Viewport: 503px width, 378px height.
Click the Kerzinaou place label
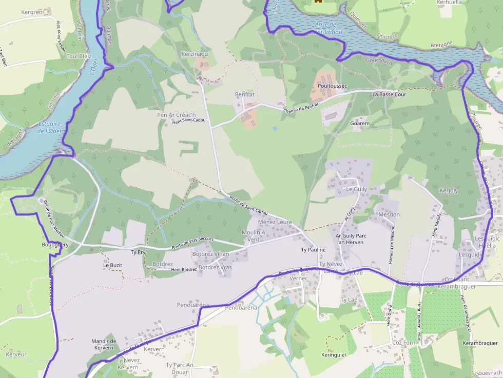(195, 54)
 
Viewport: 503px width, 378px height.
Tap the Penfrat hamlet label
(244, 94)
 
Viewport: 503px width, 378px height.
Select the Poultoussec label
(333, 86)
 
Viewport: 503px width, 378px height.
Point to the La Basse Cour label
(389, 94)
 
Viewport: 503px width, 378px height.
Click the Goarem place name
(359, 124)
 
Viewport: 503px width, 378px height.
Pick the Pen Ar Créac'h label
(177, 114)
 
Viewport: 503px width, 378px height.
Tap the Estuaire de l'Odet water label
(49, 127)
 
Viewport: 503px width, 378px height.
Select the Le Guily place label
(357, 189)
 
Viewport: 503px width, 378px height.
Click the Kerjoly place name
(449, 191)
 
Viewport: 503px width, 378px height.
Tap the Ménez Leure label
(275, 222)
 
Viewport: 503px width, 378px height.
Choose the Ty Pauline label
(313, 250)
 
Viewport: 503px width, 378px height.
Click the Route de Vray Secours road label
(192, 243)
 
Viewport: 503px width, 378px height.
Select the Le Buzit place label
(112, 265)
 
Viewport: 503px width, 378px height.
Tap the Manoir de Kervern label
(104, 345)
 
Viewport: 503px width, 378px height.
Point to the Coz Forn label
(403, 343)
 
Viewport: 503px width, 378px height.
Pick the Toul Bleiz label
(79, 56)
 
